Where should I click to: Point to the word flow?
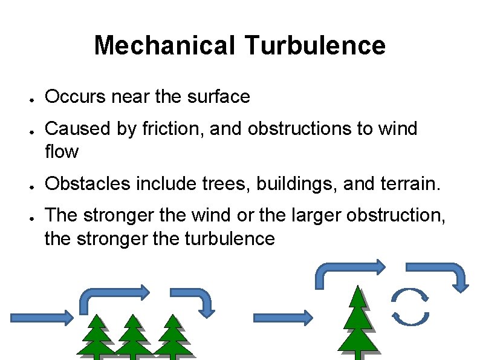tap(61, 151)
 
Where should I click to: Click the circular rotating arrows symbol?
tap(410, 306)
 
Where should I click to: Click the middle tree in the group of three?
tap(132, 336)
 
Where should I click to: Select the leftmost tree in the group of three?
tap(96, 336)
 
